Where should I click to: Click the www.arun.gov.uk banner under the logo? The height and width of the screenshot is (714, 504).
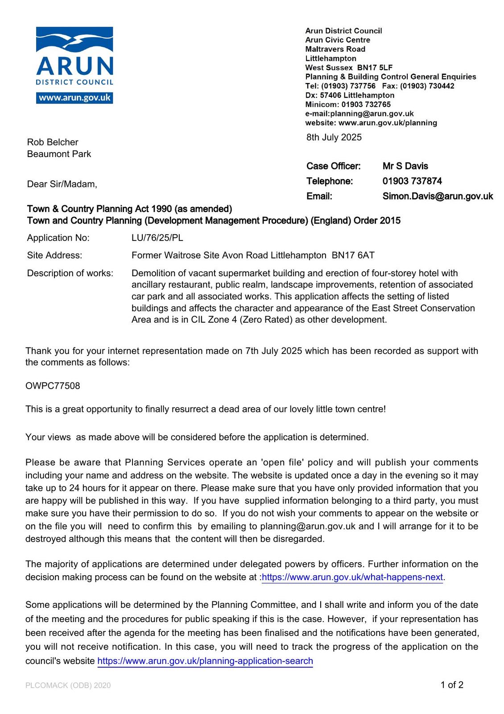tap(74, 98)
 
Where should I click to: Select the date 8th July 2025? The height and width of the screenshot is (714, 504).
tap(334, 137)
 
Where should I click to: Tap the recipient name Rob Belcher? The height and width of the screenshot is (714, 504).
tap(53, 142)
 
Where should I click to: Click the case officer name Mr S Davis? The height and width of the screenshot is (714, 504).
tap(405, 166)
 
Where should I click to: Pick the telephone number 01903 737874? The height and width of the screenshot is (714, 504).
tap(412, 181)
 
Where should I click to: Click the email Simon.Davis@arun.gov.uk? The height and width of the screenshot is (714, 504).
tap(438, 196)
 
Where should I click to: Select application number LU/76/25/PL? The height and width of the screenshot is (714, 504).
tap(157, 238)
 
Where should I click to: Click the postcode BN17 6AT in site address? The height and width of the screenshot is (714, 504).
tap(353, 255)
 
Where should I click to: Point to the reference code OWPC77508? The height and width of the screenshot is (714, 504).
tap(53, 386)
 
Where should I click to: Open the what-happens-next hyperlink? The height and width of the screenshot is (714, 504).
tap(352, 577)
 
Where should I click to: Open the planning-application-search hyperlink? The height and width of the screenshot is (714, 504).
tap(205, 661)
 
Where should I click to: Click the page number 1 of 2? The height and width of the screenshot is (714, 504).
tap(452, 685)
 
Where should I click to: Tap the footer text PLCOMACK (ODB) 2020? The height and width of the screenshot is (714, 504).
tap(68, 685)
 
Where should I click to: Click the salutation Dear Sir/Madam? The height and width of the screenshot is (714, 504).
tap(62, 184)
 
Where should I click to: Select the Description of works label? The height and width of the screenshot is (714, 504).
tap(70, 273)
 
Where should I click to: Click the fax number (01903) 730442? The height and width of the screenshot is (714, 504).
tap(427, 86)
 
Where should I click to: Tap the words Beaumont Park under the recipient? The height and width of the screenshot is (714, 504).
tap(59, 154)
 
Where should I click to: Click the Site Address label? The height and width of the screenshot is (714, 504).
tap(54, 255)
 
